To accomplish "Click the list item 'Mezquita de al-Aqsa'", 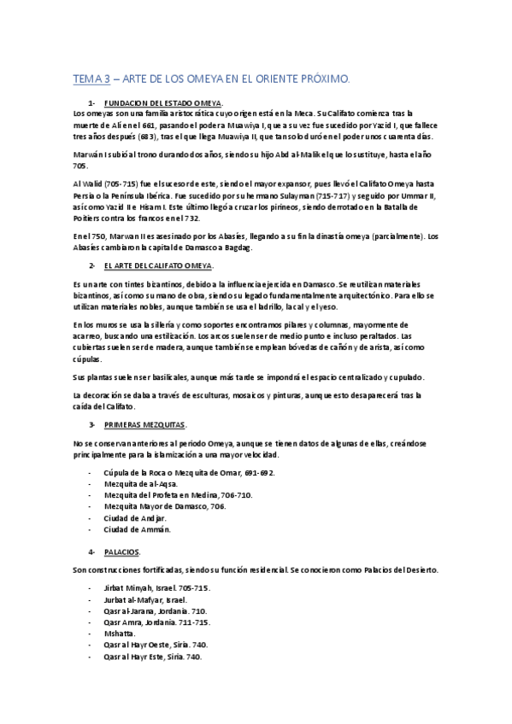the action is coord(141,482).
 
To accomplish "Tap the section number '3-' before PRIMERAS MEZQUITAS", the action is coord(91,423).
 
